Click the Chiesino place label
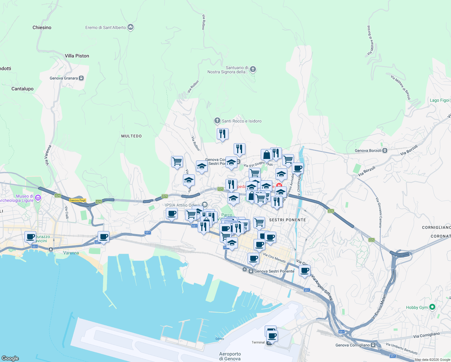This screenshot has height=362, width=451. pyautogui.click(x=42, y=27)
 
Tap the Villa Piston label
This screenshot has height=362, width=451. pyautogui.click(x=77, y=56)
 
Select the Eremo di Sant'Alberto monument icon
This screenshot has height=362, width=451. pyautogui.click(x=131, y=27)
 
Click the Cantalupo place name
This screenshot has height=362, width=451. pyautogui.click(x=22, y=89)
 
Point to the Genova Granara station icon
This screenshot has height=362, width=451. pyautogui.click(x=81, y=78)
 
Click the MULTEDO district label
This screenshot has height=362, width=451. pyautogui.click(x=131, y=136)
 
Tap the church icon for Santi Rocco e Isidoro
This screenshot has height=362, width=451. pyautogui.click(x=217, y=121)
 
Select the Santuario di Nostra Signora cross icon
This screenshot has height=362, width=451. pyautogui.click(x=253, y=70)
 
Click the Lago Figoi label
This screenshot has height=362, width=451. pyautogui.click(x=439, y=100)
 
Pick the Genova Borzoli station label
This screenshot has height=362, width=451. pyautogui.click(x=368, y=151)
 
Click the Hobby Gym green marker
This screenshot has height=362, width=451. pyautogui.click(x=432, y=307)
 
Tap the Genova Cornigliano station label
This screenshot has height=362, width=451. pyautogui.click(x=352, y=345)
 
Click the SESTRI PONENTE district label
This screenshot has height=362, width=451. pyautogui.click(x=287, y=220)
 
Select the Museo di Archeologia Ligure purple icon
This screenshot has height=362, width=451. pyautogui.click(x=38, y=198)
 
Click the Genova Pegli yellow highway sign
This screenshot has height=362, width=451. pyautogui.click(x=78, y=200)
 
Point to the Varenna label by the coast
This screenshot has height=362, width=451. pyautogui.click(x=71, y=253)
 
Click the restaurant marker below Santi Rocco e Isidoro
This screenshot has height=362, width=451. pyautogui.click(x=222, y=134)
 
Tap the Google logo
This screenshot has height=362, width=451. pyautogui.click(x=10, y=358)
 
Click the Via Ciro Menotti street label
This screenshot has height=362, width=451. pyautogui.click(x=274, y=258)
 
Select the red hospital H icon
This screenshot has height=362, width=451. pyautogui.click(x=279, y=186)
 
